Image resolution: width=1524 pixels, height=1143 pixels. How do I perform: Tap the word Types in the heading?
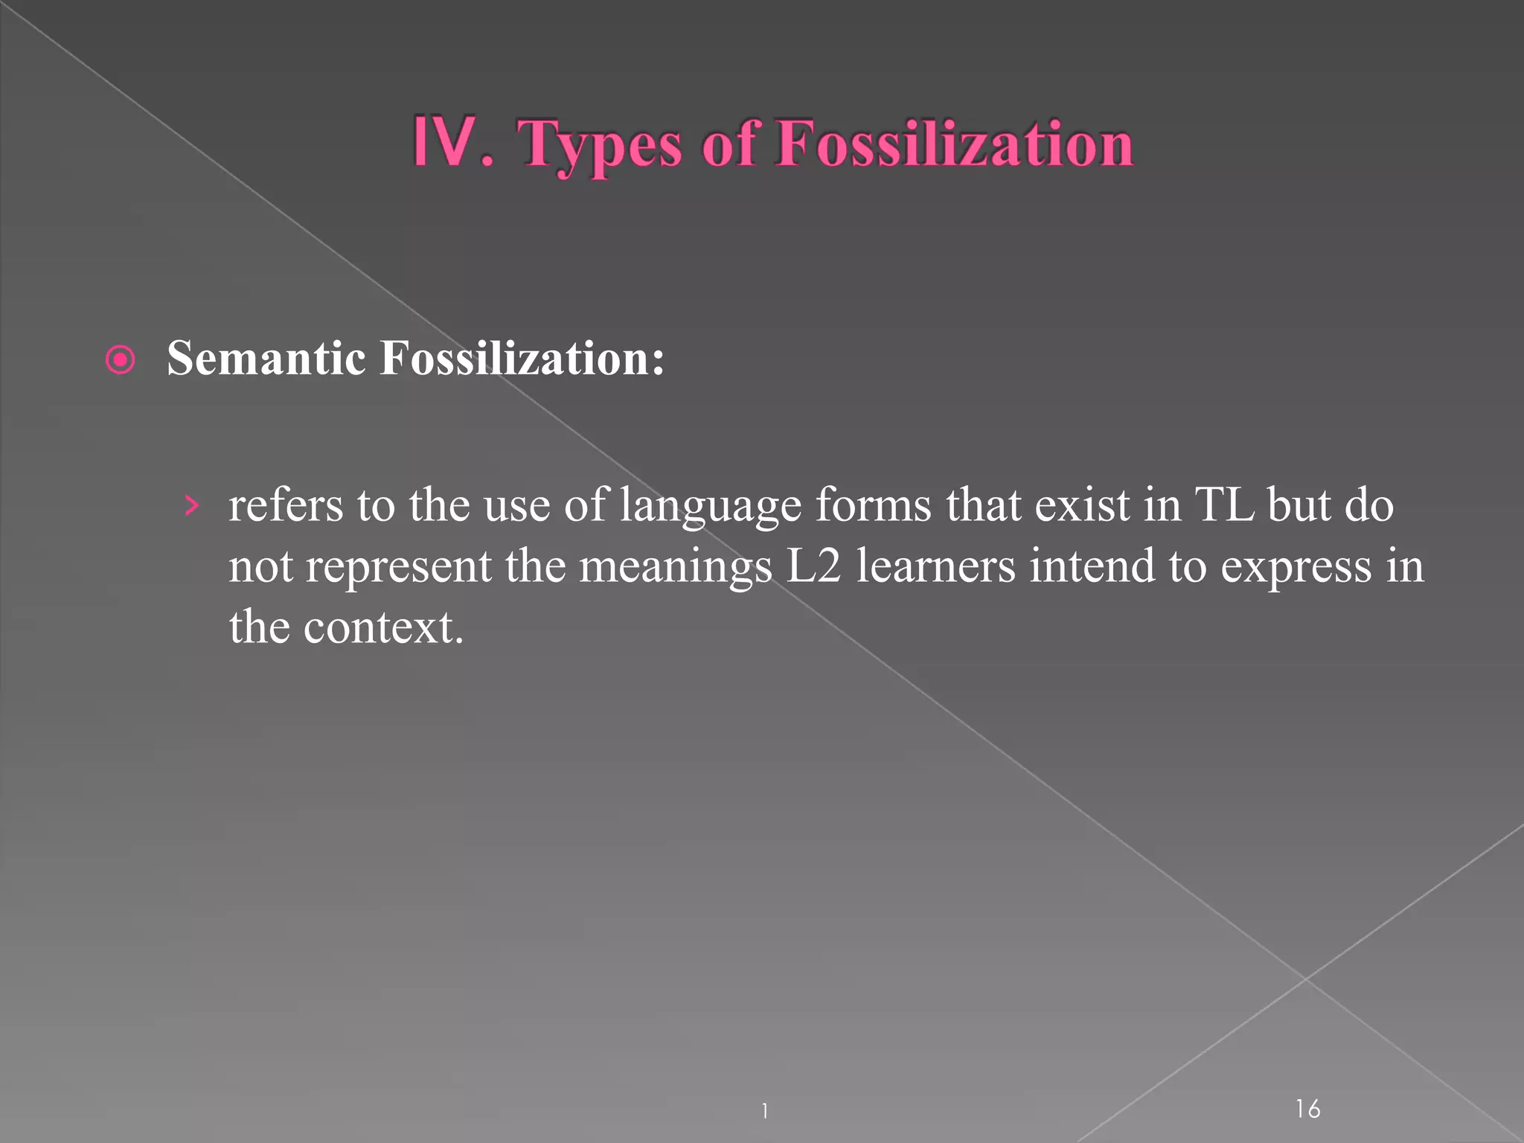point(599,145)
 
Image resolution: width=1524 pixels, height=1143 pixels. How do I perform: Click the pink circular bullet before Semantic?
point(121,360)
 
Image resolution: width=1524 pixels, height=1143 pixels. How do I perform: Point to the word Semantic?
point(266,358)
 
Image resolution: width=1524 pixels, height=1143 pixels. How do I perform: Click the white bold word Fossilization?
point(522,358)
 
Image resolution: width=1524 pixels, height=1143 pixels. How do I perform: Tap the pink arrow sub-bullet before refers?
point(192,506)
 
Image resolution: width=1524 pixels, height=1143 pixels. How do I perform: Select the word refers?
point(286,505)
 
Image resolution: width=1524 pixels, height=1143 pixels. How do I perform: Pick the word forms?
point(873,505)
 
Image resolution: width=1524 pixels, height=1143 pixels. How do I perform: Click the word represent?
point(398,567)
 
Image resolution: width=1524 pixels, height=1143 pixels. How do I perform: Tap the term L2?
point(813,566)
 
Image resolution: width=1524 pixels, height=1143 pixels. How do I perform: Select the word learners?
point(935,566)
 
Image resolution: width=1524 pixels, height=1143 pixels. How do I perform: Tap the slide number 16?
point(1307,1109)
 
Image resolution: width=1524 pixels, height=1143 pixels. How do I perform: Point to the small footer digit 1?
point(764,1111)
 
